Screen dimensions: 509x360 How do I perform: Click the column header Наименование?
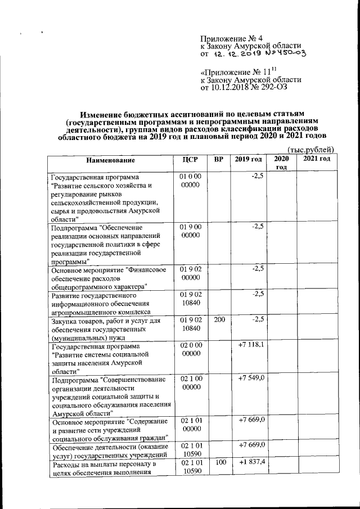click(x=110, y=160)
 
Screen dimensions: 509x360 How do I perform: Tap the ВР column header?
click(x=219, y=160)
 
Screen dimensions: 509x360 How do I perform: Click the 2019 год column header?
click(x=248, y=160)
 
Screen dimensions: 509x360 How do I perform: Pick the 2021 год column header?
click(x=316, y=160)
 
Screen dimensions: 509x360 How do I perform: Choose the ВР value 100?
click(x=219, y=462)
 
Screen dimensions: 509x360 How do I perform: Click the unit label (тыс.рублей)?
click(x=311, y=149)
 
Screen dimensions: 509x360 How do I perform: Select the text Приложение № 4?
click(x=232, y=38)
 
